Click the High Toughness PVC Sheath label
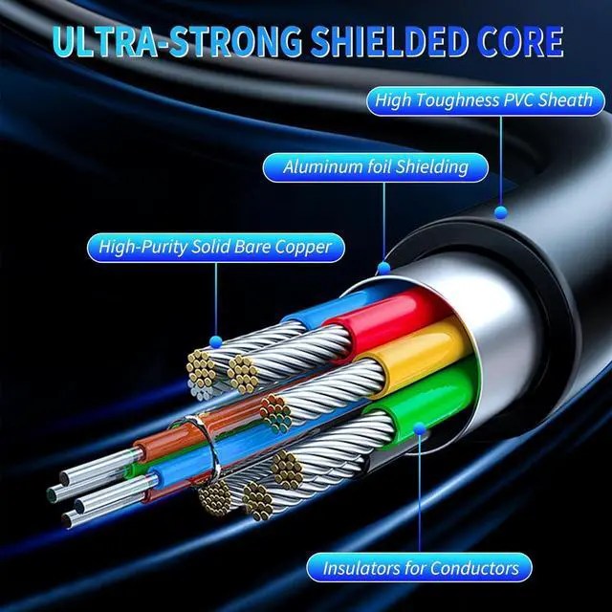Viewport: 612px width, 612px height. tap(484, 99)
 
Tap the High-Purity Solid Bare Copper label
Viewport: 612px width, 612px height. tap(215, 248)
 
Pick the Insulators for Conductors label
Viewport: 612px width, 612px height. tap(421, 567)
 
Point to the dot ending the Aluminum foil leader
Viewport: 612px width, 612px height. tap(384, 270)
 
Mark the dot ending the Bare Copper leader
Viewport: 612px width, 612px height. tap(216, 341)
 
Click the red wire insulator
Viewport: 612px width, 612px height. tap(382, 316)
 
